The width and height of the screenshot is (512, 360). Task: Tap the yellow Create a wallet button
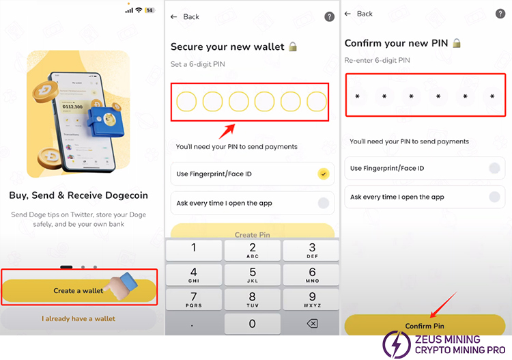coord(79,290)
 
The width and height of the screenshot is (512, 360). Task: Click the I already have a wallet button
coord(79,318)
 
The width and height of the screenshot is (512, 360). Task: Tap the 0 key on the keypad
coord(252,324)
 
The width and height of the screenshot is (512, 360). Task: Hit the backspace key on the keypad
coord(312,324)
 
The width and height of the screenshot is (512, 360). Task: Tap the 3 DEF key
coord(312,250)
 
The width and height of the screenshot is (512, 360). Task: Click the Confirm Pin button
coord(425,325)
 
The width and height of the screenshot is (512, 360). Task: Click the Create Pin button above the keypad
coord(253,232)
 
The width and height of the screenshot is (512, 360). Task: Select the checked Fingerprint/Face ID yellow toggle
coord(324,174)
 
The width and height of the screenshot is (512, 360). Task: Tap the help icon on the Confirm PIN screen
coord(500,14)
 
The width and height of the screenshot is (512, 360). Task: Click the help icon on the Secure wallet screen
coord(329,16)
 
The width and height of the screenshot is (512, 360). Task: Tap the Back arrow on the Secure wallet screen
coord(173,16)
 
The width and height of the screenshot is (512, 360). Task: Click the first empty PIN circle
coord(186,102)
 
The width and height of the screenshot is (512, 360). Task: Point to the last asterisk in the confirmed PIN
coord(492,96)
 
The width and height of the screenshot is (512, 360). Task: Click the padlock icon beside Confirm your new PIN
coord(457,43)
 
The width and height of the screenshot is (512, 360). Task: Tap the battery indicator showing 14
coord(150,10)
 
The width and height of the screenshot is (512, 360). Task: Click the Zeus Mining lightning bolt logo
coord(397,345)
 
